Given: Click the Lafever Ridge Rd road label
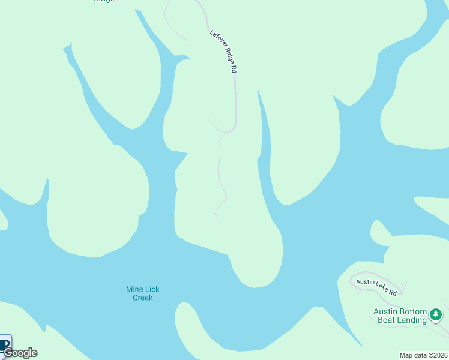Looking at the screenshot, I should pyautogui.click(x=223, y=51).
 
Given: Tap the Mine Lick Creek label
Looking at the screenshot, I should pyautogui.click(x=143, y=293).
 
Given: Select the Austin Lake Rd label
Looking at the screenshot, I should pyautogui.click(x=376, y=287).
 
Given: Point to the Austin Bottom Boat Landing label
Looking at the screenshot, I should pyautogui.click(x=400, y=316).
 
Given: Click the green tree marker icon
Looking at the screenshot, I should pyautogui.click(x=436, y=314).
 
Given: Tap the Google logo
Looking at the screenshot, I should pyautogui.click(x=20, y=353).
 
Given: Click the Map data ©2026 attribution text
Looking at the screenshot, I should pyautogui.click(x=424, y=355).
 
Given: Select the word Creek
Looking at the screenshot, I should pyautogui.click(x=143, y=298).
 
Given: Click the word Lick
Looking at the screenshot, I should pyautogui.click(x=152, y=289).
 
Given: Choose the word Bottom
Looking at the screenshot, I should pyautogui.click(x=414, y=311).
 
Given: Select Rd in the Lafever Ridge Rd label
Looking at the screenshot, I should pyautogui.click(x=234, y=69).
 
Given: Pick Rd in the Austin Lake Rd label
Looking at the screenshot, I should pyautogui.click(x=393, y=293).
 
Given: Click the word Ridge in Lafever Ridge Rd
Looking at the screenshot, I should pyautogui.click(x=226, y=56).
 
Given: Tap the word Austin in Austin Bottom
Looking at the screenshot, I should pyautogui.click(x=386, y=311).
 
